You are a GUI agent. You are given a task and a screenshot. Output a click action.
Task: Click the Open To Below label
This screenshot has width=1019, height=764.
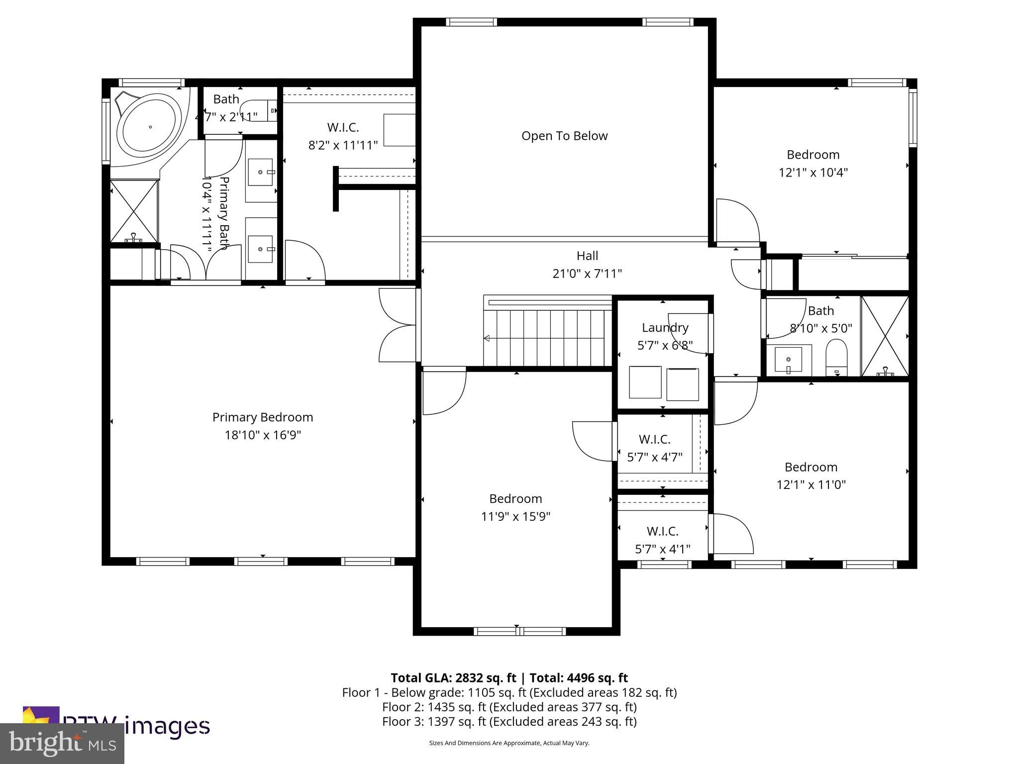564,136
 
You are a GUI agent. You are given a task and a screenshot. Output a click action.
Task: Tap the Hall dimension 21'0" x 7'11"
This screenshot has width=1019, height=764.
587,274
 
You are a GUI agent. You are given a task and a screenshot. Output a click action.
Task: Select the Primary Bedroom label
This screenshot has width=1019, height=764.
263,417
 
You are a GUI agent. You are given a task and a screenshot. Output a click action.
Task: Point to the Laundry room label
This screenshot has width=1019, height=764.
665,328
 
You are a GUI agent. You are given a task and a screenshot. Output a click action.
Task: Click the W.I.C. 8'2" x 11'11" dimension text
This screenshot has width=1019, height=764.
343,145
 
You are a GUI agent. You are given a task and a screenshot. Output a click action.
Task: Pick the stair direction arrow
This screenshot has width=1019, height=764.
487,338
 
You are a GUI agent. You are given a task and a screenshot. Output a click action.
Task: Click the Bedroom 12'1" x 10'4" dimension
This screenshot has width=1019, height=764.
813,173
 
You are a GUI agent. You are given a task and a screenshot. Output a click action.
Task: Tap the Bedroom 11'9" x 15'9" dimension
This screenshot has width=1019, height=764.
515,516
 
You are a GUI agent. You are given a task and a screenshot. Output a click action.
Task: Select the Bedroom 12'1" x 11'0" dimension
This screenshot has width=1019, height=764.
811,484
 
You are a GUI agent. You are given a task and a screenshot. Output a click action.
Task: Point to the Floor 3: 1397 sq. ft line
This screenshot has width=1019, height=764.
509,721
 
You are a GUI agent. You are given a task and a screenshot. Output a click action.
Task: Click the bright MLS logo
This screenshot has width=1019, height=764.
62,743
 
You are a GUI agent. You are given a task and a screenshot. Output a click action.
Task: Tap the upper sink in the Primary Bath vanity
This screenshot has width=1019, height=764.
261,172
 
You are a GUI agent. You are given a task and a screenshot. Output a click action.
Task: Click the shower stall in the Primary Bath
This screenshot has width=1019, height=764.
133,211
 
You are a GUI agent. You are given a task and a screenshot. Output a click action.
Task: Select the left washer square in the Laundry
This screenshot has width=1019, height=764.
645,382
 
